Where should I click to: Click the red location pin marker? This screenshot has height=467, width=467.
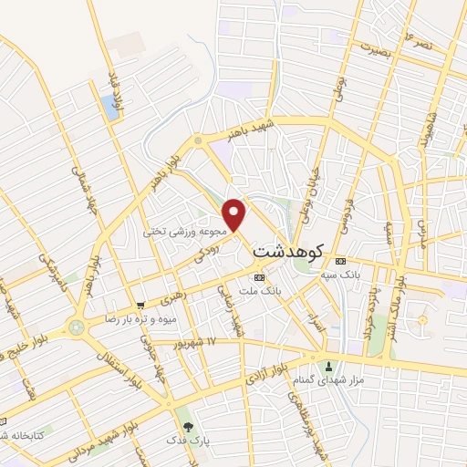click(235, 214)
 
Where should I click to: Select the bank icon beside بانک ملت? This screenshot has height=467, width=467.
click(259, 276)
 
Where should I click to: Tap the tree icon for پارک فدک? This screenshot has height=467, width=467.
click(188, 426)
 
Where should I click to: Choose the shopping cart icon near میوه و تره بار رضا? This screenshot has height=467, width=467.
click(140, 306)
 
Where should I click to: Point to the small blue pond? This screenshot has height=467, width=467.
click(112, 108)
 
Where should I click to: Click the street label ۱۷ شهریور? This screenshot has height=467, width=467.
click(223, 342)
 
